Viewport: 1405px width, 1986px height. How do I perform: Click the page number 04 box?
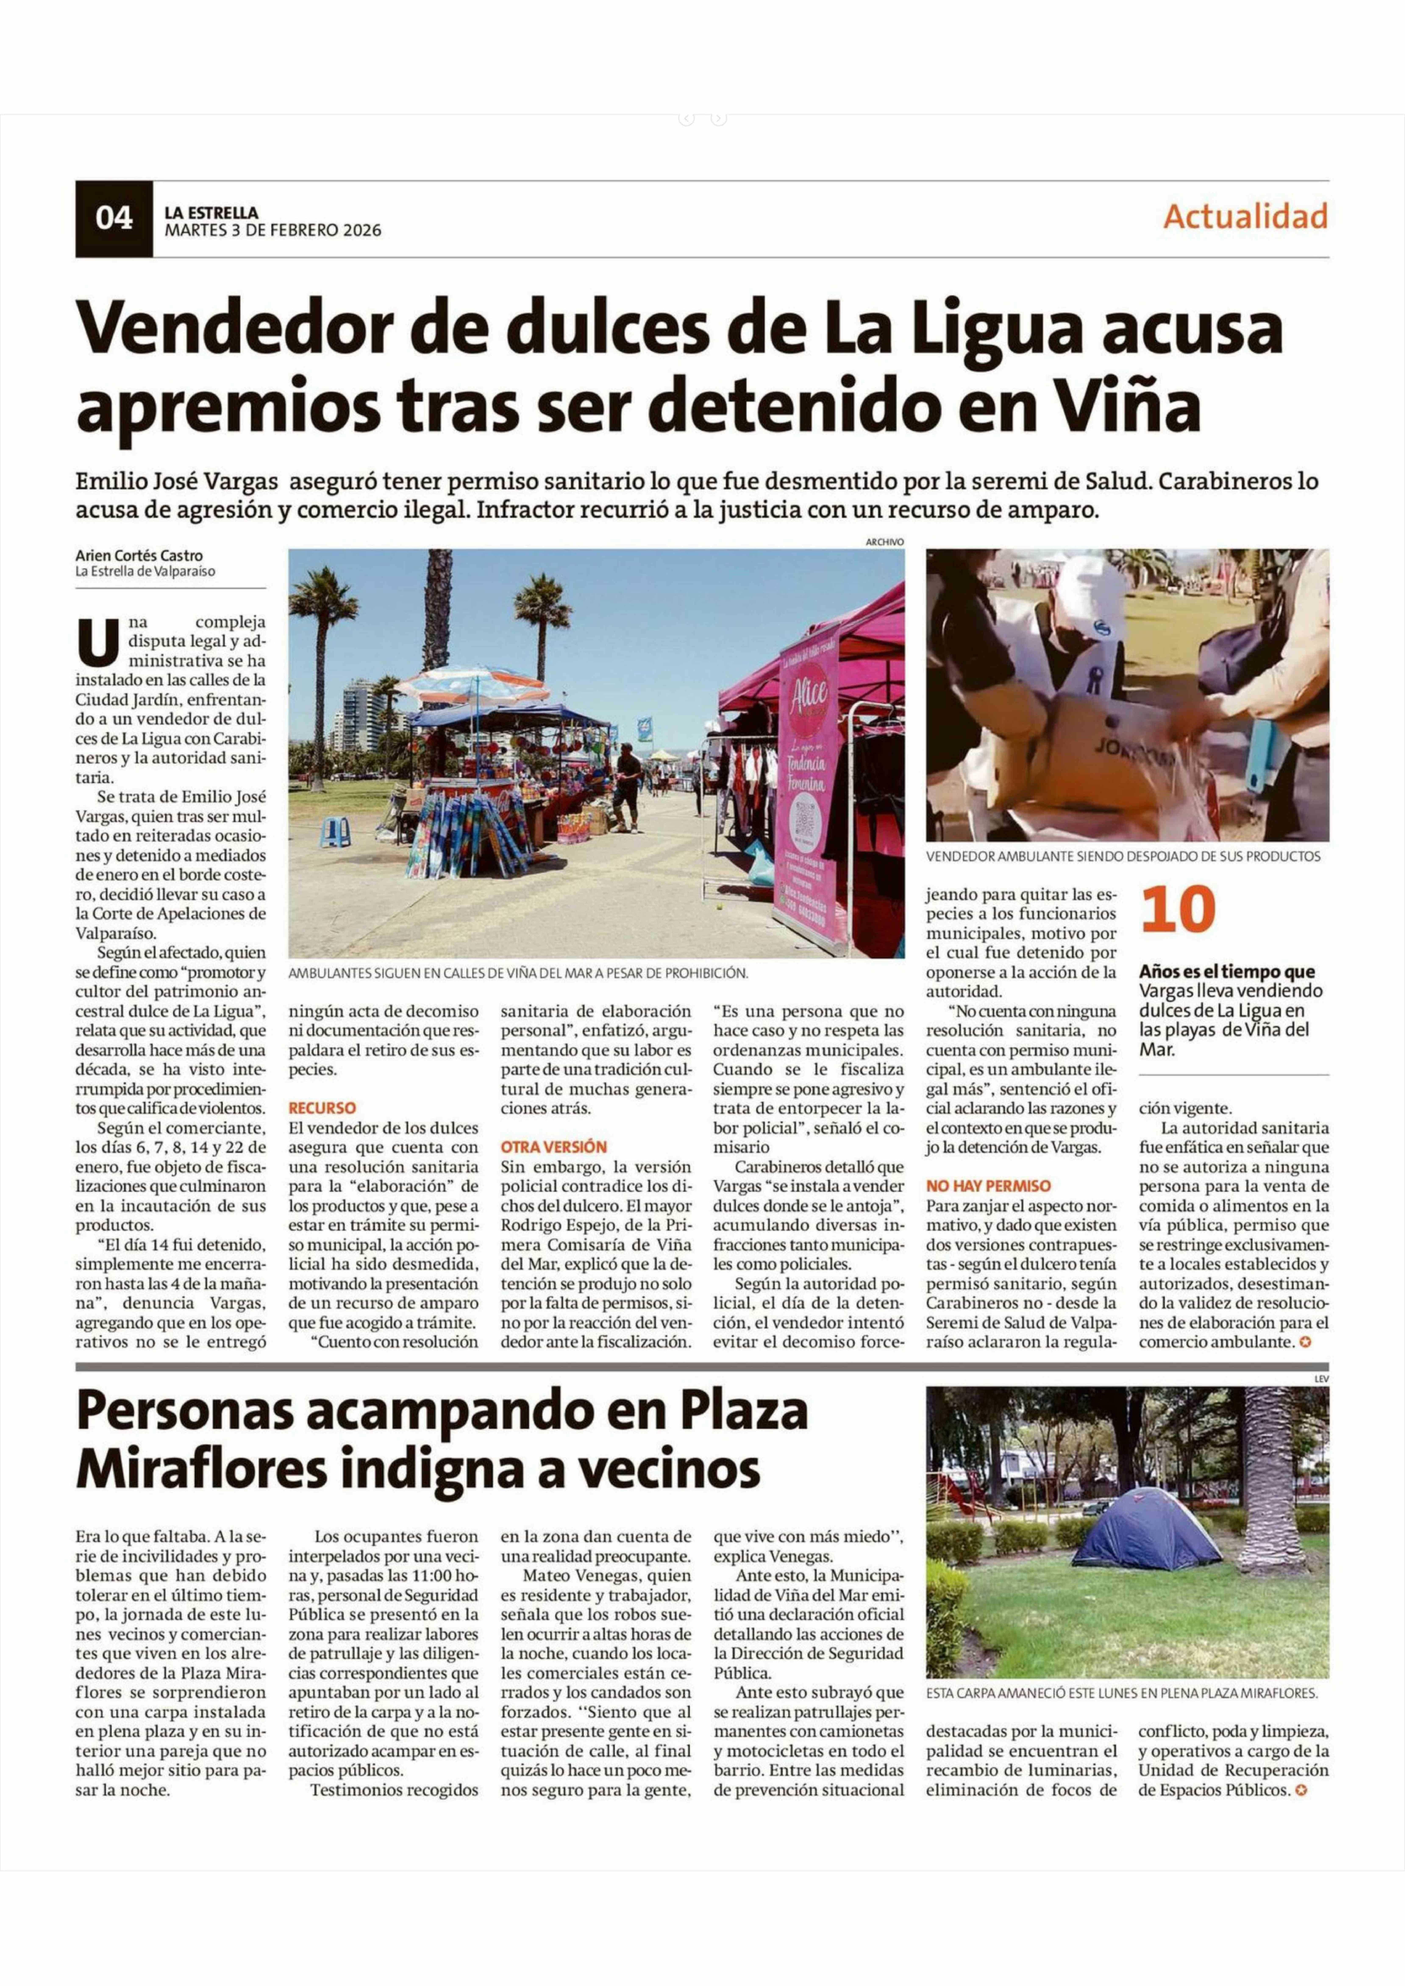[114, 219]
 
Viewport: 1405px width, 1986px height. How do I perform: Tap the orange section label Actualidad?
[1245, 216]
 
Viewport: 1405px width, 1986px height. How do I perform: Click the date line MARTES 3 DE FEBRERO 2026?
[272, 231]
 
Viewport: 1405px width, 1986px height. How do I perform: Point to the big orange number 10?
[1178, 910]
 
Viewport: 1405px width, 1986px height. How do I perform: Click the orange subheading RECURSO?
[322, 1107]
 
